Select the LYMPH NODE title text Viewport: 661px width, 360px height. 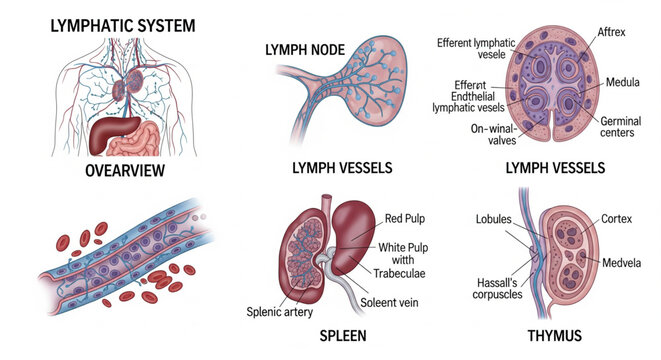(308, 49)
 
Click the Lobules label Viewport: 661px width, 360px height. (494, 220)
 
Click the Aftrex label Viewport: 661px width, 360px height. (611, 34)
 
